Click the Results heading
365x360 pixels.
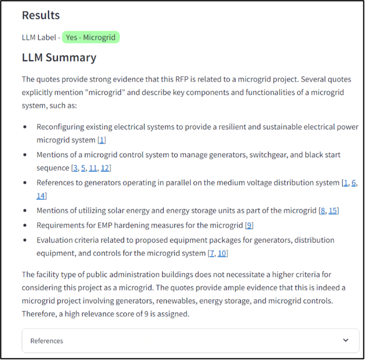pyautogui.click(x=40, y=16)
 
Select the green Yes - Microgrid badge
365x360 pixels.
pyautogui.click(x=91, y=37)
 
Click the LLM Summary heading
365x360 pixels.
pyautogui.click(x=59, y=57)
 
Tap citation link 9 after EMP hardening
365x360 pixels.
pyautogui.click(x=249, y=225)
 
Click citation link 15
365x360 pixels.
pyautogui.click(x=333, y=210)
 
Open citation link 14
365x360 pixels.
pyautogui.click(x=40, y=196)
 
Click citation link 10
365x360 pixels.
pyautogui.click(x=222, y=253)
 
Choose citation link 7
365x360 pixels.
pyautogui.click(x=212, y=253)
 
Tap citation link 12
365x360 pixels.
pyautogui.click(x=105, y=168)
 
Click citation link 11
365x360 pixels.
pyautogui.click(x=93, y=168)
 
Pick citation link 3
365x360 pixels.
pyautogui.click(x=75, y=168)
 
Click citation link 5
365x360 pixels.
pyautogui.click(x=84, y=168)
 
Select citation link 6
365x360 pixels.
pyautogui.click(x=354, y=183)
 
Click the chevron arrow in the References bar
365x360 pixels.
pyautogui.click(x=346, y=340)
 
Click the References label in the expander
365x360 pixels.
pyautogui.click(x=47, y=341)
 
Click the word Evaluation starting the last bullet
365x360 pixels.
pyautogui.click(x=56, y=240)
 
